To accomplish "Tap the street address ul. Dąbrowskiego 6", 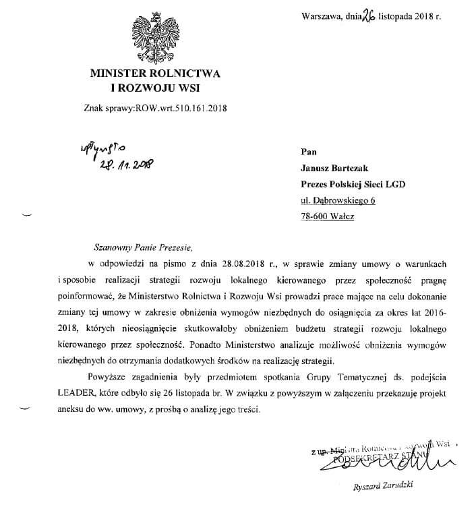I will (x=338, y=200).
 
